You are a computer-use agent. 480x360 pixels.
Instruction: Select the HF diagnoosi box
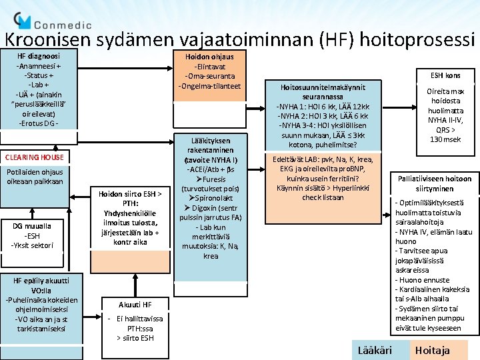pyautogui.click(x=38, y=90)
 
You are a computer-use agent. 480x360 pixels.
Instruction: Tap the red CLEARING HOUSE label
pyautogui.click(x=35, y=157)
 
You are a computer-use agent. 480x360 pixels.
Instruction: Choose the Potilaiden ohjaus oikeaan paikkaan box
pyautogui.click(x=35, y=177)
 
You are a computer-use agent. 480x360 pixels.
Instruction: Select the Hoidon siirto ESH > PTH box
pyautogui.click(x=131, y=218)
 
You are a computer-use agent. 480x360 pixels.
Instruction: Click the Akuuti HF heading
pyautogui.click(x=135, y=305)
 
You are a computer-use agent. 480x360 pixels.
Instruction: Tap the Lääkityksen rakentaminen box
pyautogui.click(x=211, y=199)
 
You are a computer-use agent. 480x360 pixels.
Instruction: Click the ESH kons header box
pyautogui.click(x=445, y=75)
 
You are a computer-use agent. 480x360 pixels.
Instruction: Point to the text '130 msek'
pyautogui.click(x=445, y=139)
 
